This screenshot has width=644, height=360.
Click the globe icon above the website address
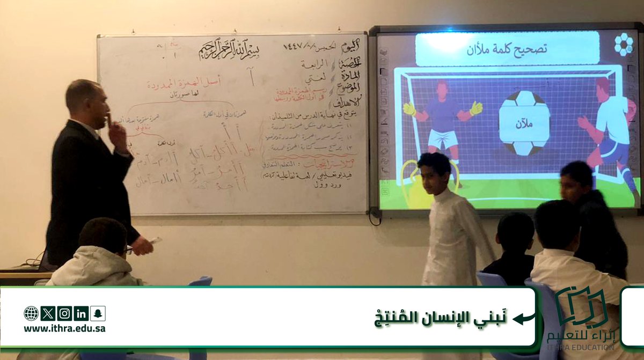[x=31, y=313]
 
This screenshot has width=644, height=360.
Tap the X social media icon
[x=48, y=313]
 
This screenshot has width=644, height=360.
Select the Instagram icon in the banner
[x=64, y=313]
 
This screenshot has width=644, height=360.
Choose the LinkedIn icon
[x=81, y=313]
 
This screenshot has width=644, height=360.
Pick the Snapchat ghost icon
[x=98, y=313]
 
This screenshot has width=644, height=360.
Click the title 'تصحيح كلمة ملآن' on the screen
[x=507, y=49]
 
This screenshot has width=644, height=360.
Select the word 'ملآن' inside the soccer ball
[x=524, y=124]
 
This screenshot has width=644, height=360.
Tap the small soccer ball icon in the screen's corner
[x=623, y=44]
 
